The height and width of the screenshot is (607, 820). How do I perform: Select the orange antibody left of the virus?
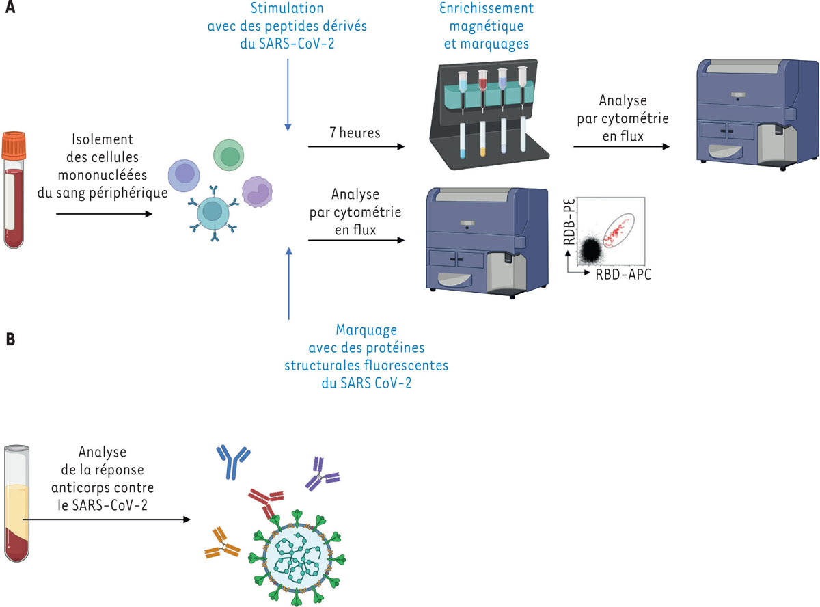click(x=221, y=543)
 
